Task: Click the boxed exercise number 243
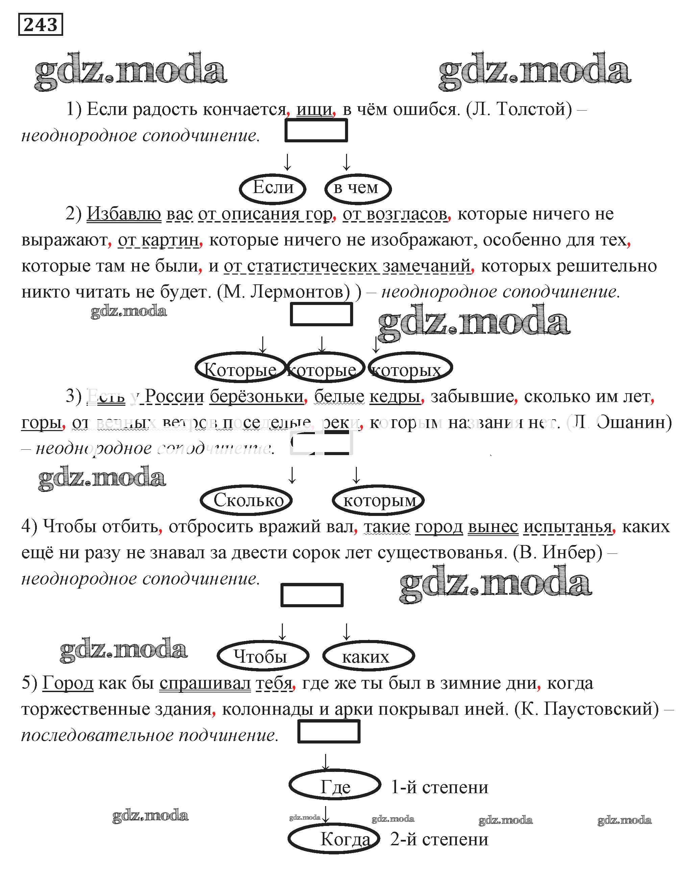tap(41, 25)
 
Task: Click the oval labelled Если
tap(273, 188)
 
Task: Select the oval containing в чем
tap(357, 188)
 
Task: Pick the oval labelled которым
tap(378, 500)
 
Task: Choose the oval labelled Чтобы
tap(262, 656)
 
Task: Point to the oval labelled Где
tap(335, 786)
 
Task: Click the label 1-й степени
tap(440, 787)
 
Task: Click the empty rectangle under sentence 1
tap(316, 131)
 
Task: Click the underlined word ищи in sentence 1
tap(314, 110)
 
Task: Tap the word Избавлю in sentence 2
tap(124, 214)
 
